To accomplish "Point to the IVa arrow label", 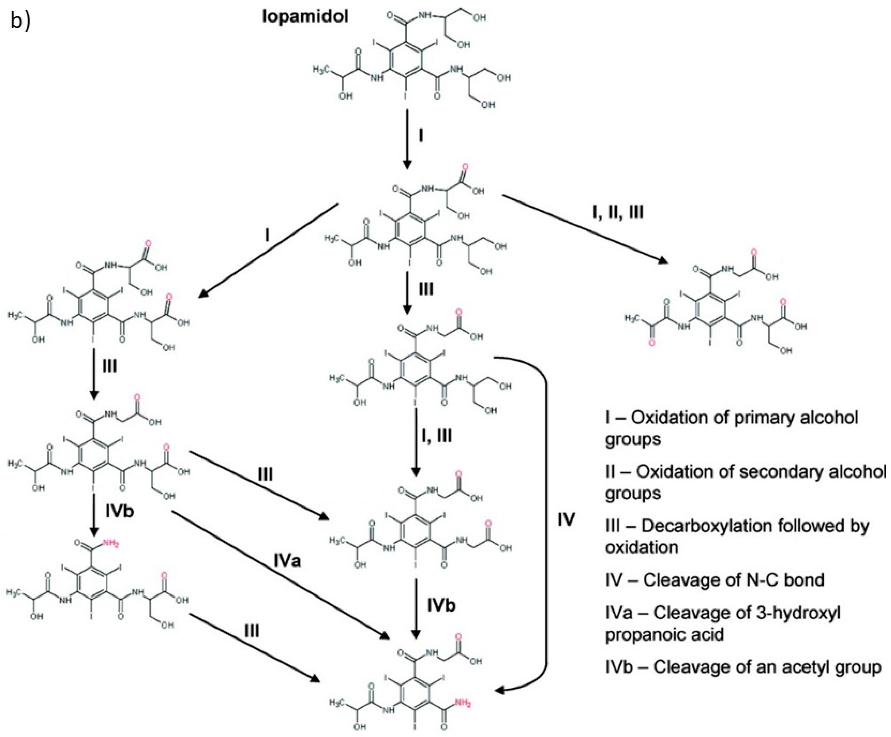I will (x=287, y=561).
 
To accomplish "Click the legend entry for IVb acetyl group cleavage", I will (x=742, y=667).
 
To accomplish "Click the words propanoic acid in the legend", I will (x=664, y=635).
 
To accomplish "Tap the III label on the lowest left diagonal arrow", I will (x=252, y=631).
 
